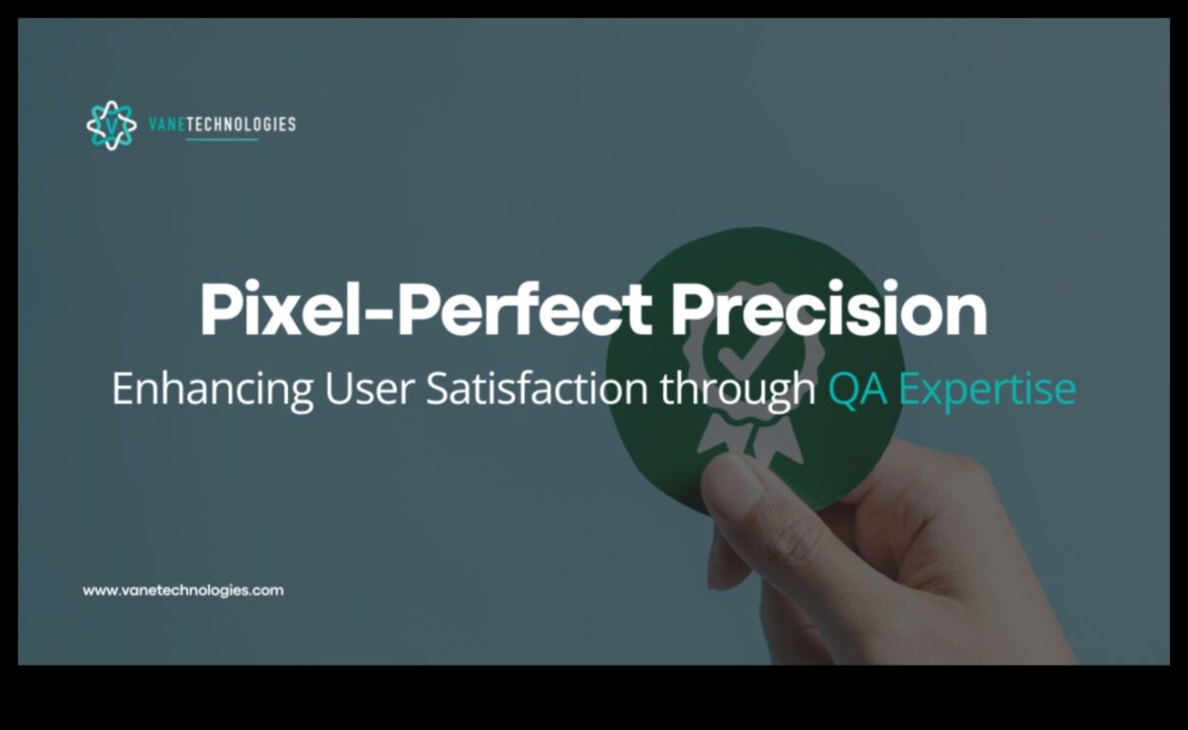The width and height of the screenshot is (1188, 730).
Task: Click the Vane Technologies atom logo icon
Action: (x=111, y=125)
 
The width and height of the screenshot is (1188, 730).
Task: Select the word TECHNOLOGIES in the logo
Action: (x=242, y=125)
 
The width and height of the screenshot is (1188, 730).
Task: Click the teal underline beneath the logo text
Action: (x=222, y=139)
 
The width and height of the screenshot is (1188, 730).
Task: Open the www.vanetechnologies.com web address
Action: (x=183, y=591)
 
